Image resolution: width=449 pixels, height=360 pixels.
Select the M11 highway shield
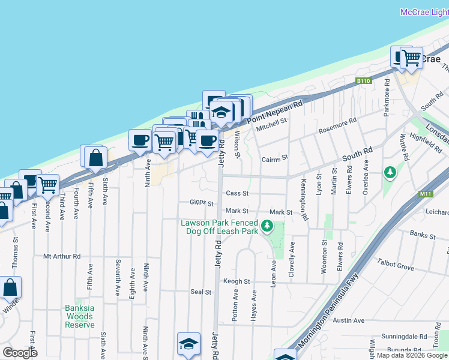(x=426, y=194)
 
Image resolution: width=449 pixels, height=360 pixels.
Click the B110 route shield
(x=363, y=81)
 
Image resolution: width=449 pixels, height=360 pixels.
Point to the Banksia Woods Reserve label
(x=80, y=316)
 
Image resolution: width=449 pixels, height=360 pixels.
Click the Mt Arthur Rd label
(x=62, y=256)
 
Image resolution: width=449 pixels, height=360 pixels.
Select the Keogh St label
(x=237, y=281)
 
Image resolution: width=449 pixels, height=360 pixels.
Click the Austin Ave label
(x=349, y=320)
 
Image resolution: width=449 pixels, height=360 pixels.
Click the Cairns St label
(x=275, y=159)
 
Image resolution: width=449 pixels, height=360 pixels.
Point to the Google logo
(x=20, y=353)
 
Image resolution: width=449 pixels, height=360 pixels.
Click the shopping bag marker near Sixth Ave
(x=95, y=158)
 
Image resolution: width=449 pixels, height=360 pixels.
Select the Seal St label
(x=201, y=292)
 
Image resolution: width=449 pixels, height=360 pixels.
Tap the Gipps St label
(x=202, y=202)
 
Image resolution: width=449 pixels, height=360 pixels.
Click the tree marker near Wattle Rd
(x=390, y=173)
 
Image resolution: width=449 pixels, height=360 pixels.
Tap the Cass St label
(x=237, y=193)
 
